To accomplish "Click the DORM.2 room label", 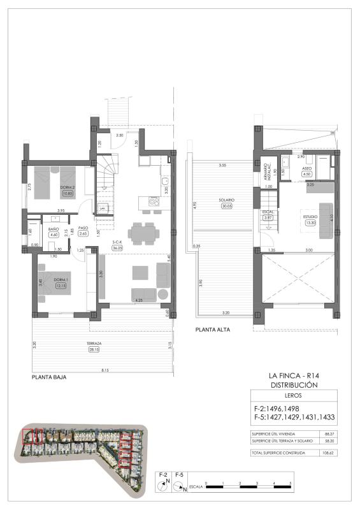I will (x=67, y=187).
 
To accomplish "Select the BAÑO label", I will (x=54, y=228).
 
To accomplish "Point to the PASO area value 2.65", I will (x=82, y=234).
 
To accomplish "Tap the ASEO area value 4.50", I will (x=307, y=173).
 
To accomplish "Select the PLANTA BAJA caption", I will (x=49, y=377).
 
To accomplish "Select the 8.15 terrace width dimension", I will (x=104, y=370).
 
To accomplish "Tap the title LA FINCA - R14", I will (x=294, y=376).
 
